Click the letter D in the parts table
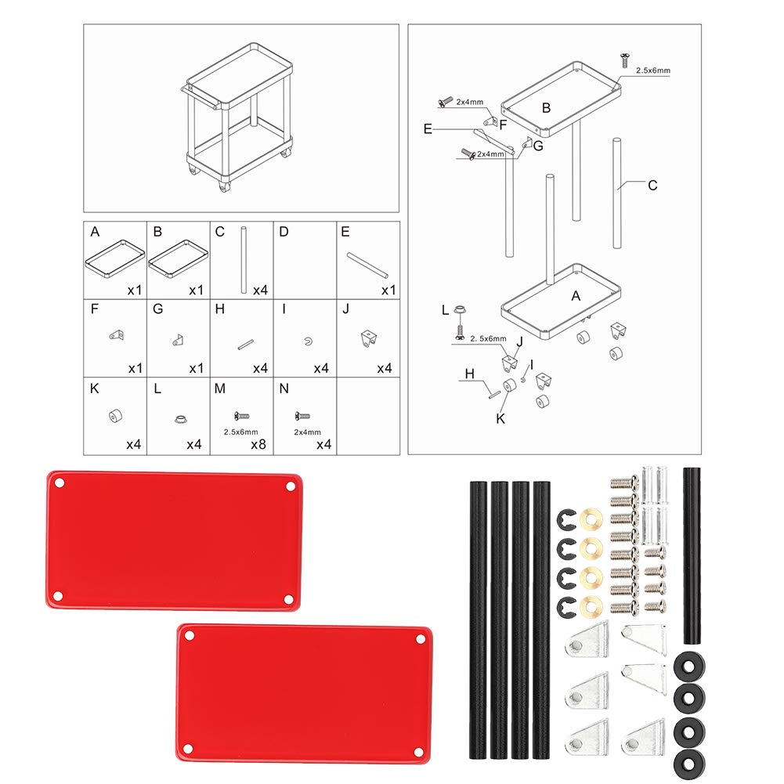[x=284, y=232]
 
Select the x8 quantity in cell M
[x=258, y=445]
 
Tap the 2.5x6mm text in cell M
[x=241, y=431]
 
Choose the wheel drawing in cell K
[x=116, y=417]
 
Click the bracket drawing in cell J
[x=367, y=338]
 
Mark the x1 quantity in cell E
[x=387, y=291]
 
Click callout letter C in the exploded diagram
[x=652, y=186]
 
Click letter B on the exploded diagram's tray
[x=547, y=108]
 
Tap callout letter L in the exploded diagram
[x=444, y=310]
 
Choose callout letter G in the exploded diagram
[x=538, y=145]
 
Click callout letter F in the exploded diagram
[x=504, y=123]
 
